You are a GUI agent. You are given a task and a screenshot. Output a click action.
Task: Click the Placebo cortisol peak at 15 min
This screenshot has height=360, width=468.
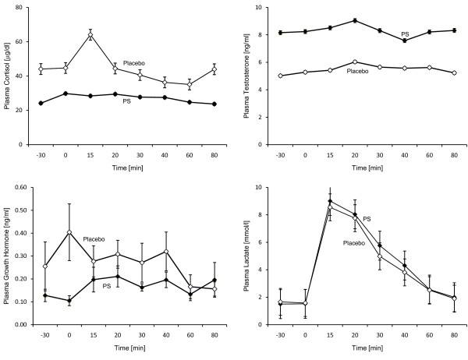(x=90, y=35)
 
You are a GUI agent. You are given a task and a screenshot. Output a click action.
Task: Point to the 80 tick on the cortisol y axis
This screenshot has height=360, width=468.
(x=18, y=9)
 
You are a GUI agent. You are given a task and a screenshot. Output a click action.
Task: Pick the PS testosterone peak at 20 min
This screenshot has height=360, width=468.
(x=354, y=20)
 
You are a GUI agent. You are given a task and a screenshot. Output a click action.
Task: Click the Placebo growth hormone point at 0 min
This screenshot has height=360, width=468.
(x=69, y=232)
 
